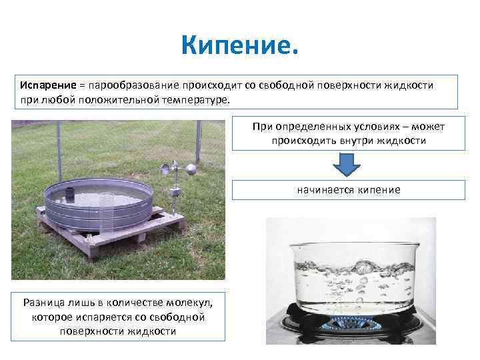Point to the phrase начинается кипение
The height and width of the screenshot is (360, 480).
(x=349, y=190)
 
